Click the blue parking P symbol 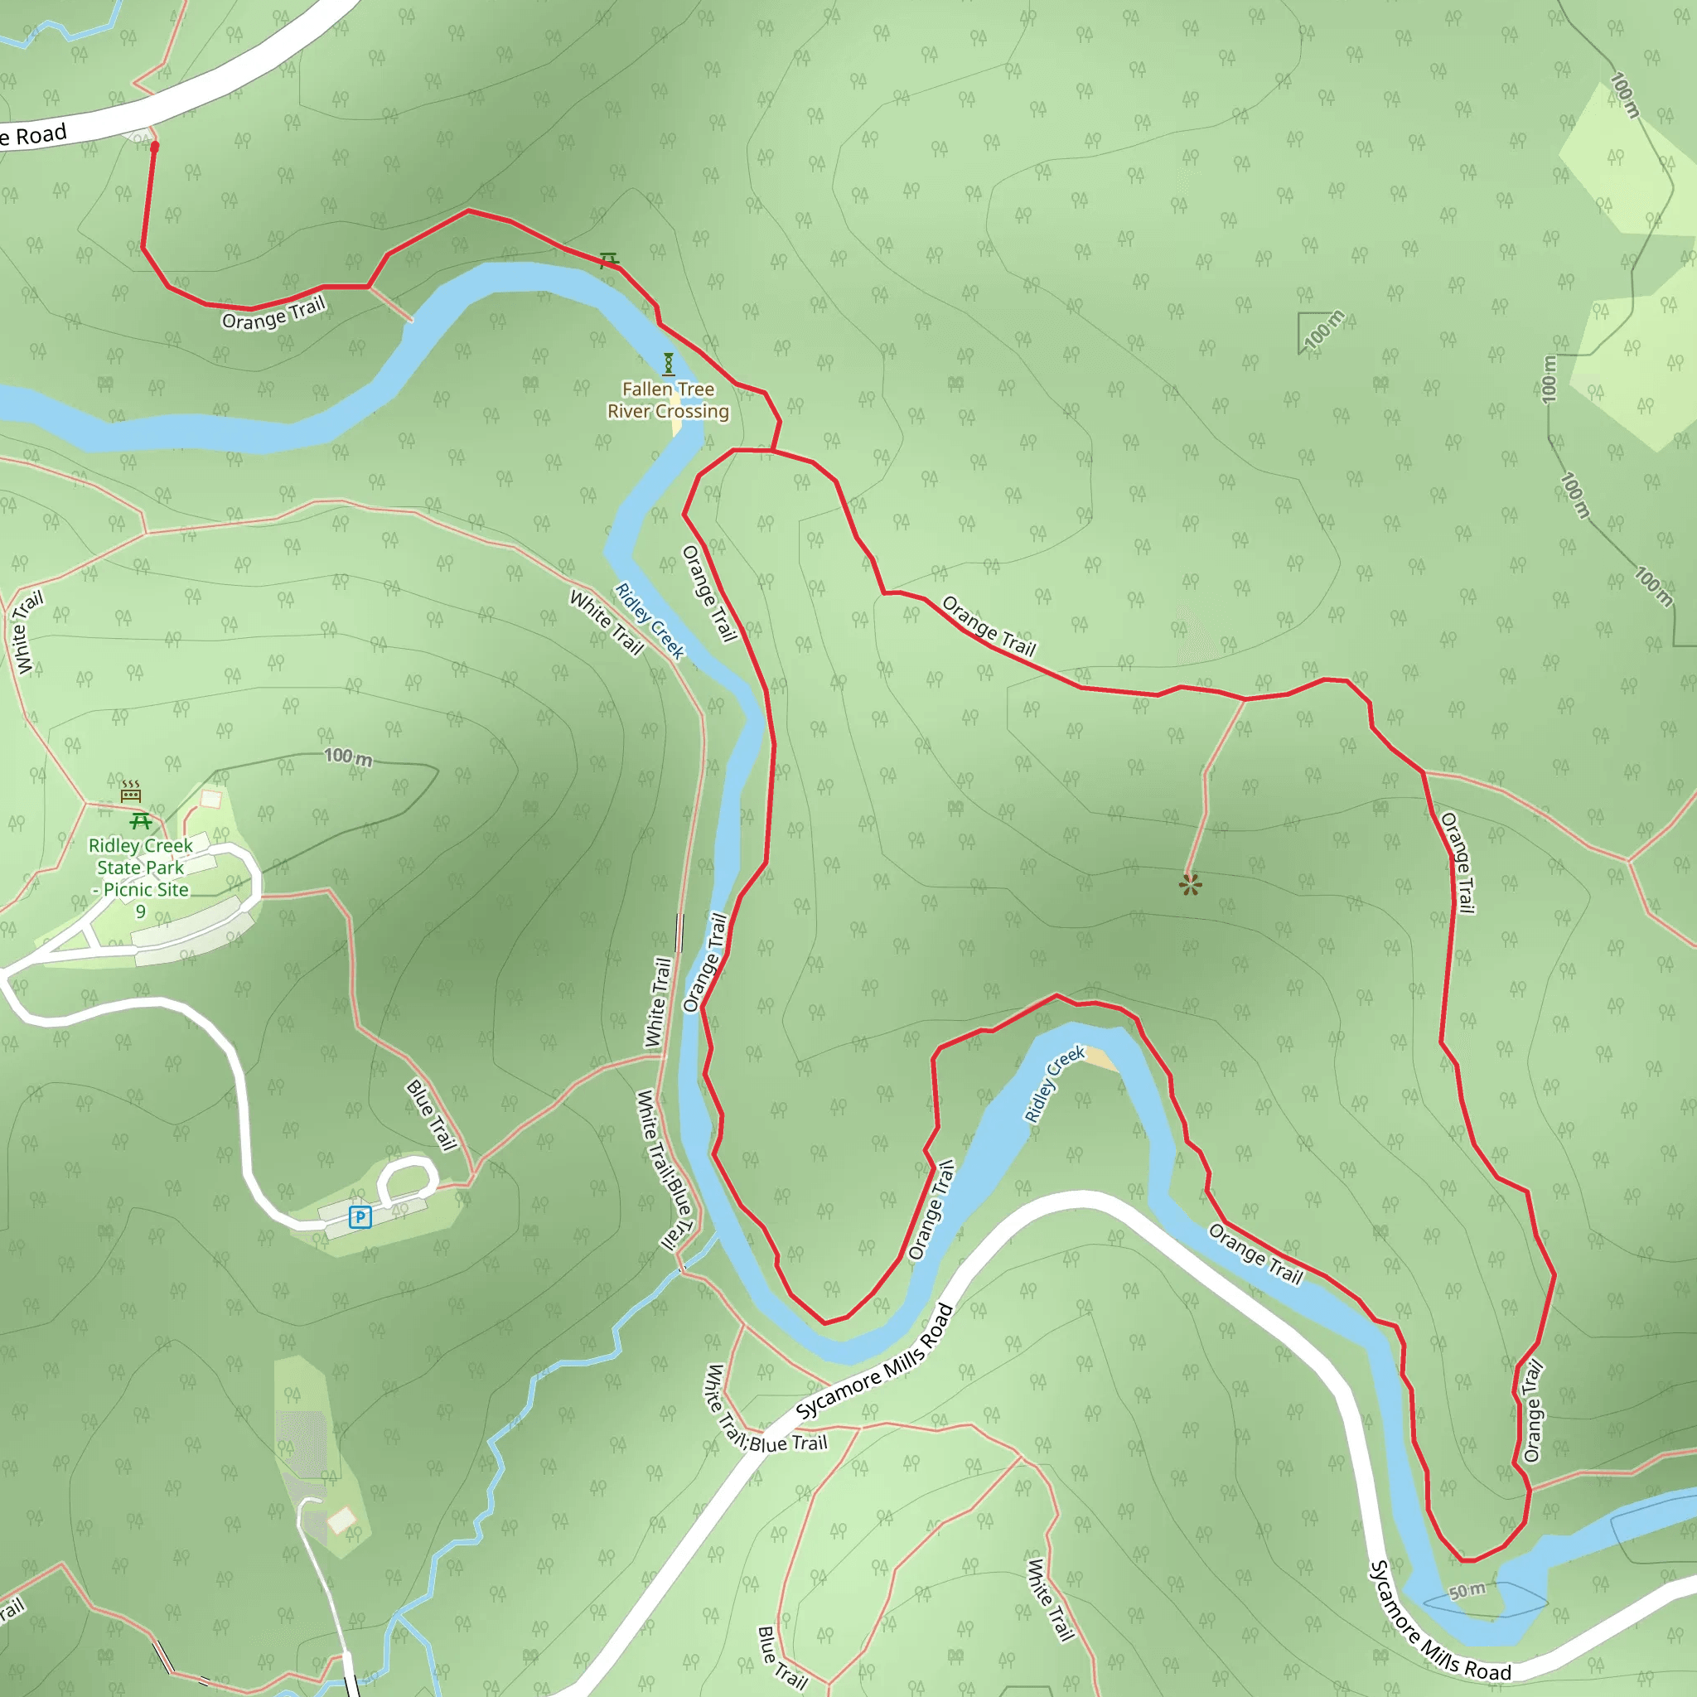click(x=360, y=1217)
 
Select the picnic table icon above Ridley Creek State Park click(x=141, y=821)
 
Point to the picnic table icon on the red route click(x=609, y=259)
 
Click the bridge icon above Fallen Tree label click(x=669, y=363)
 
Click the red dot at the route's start click(x=155, y=147)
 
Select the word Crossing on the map click(x=693, y=411)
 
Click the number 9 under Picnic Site click(x=141, y=911)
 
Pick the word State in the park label click(x=117, y=867)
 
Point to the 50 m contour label click(x=1467, y=1591)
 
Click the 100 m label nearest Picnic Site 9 click(x=348, y=757)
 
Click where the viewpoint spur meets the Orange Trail click(x=1245, y=699)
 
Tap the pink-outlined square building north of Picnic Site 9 click(x=210, y=799)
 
